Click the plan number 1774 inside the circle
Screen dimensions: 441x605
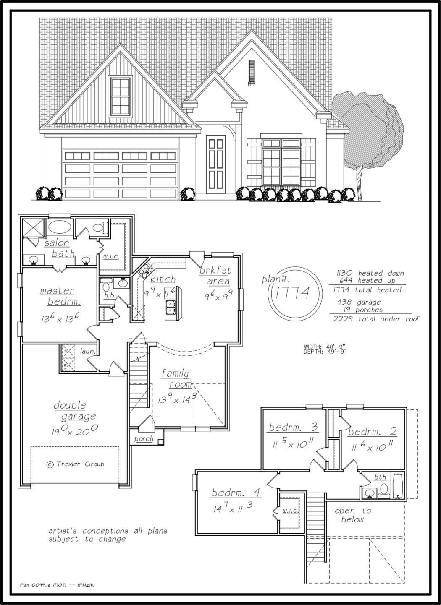293,293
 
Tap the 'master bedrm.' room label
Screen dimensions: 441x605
60,296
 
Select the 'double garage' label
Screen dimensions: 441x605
75,411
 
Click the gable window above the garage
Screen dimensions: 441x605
120,96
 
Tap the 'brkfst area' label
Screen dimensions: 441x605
215,275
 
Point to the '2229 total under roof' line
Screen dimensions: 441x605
376,319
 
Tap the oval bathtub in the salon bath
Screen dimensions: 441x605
60,227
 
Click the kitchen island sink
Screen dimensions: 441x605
171,307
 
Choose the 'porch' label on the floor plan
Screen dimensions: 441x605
144,439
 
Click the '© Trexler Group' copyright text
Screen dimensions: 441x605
75,464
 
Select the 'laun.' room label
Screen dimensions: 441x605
88,352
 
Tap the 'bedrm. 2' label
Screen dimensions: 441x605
372,431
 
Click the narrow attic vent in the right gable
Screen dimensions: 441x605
252,73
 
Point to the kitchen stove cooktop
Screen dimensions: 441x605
146,271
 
